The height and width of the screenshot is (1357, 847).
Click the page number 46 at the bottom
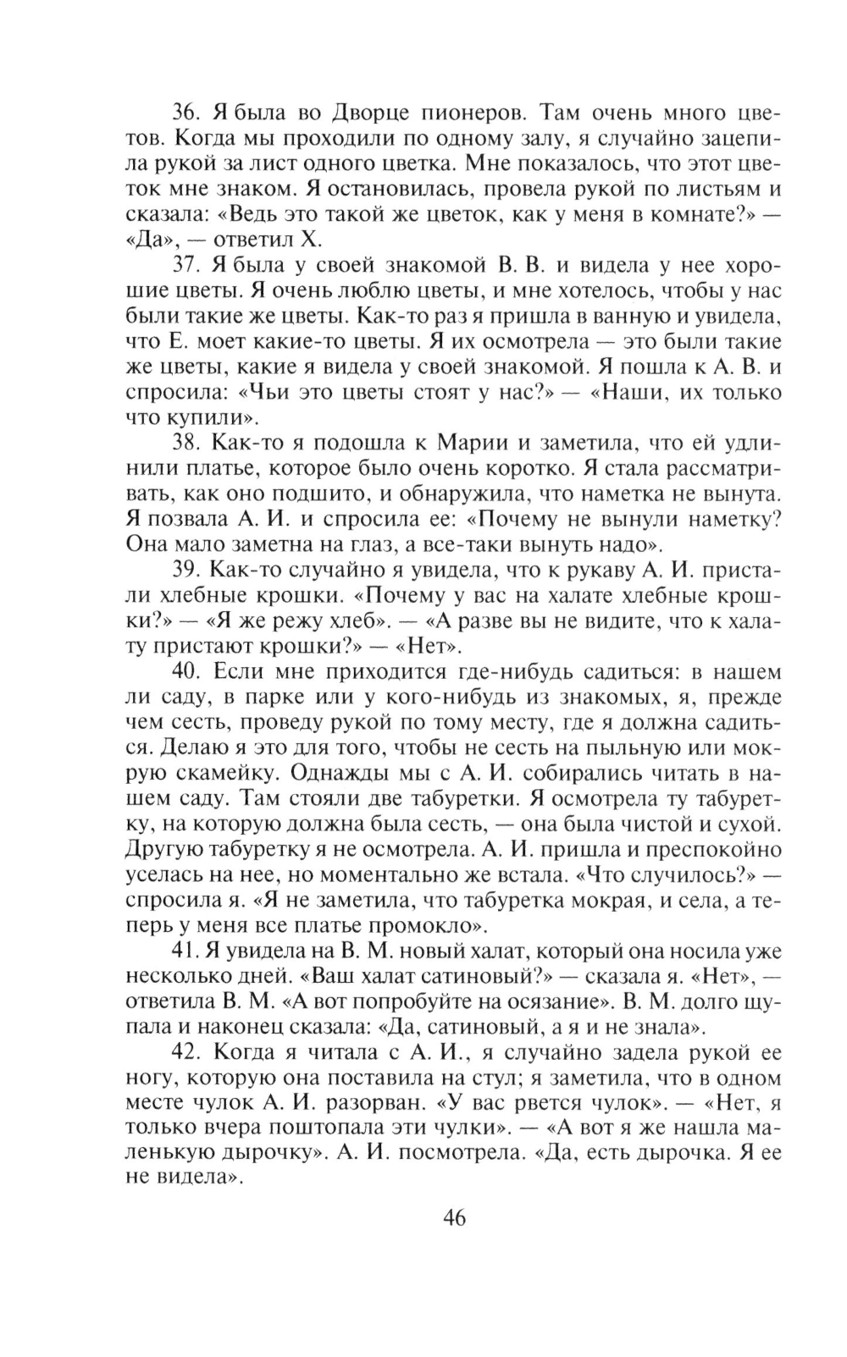454,1218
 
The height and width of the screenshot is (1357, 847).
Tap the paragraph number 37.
186,264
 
